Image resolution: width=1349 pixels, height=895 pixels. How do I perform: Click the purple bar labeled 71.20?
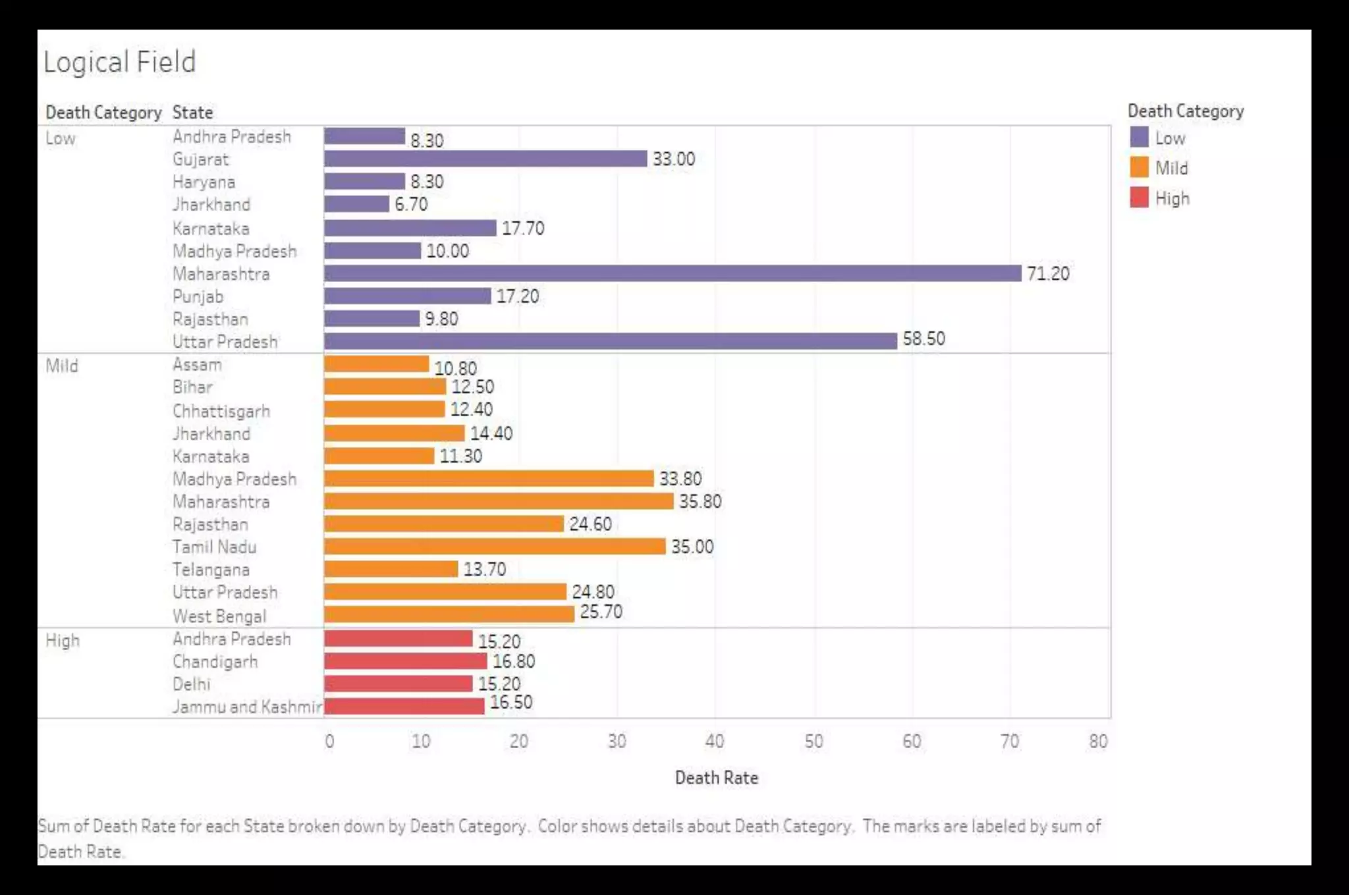(x=672, y=273)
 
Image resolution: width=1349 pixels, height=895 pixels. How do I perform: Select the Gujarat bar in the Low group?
(x=485, y=159)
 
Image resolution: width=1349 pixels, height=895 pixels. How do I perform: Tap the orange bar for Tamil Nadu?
(x=495, y=547)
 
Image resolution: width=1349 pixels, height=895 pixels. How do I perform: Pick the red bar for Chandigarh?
(x=405, y=661)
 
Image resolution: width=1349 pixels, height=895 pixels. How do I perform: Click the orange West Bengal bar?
(x=449, y=614)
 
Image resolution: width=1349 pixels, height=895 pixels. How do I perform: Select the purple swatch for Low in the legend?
(x=1139, y=138)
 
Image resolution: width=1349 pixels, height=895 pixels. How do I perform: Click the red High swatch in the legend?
(x=1139, y=198)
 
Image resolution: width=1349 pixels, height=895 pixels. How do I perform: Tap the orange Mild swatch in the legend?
(x=1139, y=167)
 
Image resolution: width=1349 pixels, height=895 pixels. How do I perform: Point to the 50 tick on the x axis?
(x=813, y=742)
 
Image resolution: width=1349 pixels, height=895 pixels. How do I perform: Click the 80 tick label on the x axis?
(x=1098, y=742)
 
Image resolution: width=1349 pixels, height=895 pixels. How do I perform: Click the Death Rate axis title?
(x=717, y=778)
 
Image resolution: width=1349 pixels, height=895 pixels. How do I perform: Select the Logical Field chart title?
(x=119, y=62)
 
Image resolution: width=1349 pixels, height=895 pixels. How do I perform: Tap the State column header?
(x=192, y=113)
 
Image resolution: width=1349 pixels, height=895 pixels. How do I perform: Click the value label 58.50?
(x=923, y=339)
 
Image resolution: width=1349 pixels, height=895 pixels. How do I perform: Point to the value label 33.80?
(x=680, y=479)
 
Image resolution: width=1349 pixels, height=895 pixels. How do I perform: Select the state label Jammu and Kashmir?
(x=247, y=707)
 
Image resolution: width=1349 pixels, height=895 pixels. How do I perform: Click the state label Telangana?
(x=211, y=570)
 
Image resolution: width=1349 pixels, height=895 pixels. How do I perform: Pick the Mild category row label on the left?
(x=62, y=366)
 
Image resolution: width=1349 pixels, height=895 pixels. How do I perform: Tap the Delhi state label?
(x=191, y=684)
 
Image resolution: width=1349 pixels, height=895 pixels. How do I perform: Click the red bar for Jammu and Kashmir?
(x=404, y=706)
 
